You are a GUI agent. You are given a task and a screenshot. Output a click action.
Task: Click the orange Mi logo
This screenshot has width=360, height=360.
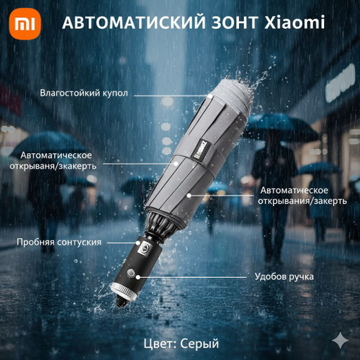coord(25,24)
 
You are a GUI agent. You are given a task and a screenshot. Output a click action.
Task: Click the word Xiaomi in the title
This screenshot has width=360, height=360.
coord(294,22)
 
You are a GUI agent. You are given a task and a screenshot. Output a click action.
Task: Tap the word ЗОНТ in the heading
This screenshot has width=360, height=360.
coord(235,22)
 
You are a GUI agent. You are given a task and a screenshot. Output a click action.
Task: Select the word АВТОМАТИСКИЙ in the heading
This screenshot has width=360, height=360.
coord(134,22)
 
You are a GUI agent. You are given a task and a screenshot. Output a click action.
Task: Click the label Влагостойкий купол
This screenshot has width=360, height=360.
coord(84,93)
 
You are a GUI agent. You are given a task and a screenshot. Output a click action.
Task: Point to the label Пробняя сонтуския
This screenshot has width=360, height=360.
coord(59,242)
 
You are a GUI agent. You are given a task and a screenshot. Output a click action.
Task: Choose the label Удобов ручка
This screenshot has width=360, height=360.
coord(284,276)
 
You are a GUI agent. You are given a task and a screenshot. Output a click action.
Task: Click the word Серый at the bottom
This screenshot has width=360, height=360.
coord(199,343)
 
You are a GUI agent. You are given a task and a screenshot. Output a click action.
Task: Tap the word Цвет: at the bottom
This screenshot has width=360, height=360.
coord(160,343)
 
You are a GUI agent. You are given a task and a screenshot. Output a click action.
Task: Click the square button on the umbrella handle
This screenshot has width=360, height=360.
coord(145,248)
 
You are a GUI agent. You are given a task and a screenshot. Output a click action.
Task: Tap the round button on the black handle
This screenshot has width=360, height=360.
coord(130,273)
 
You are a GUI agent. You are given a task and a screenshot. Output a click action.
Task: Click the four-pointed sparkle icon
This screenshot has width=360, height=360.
coord(341,340)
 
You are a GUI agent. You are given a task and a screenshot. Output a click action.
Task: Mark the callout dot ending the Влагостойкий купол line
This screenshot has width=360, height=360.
coord(210,96)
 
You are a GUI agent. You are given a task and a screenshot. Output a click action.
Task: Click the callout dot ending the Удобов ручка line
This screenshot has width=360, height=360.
coord(138,277)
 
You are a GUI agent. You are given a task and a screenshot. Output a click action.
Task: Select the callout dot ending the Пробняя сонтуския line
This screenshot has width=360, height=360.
coord(138,243)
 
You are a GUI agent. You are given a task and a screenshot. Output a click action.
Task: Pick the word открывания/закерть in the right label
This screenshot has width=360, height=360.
coord(302,201)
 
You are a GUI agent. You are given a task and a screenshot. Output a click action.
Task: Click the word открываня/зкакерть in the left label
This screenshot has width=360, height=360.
coord(53,166)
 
